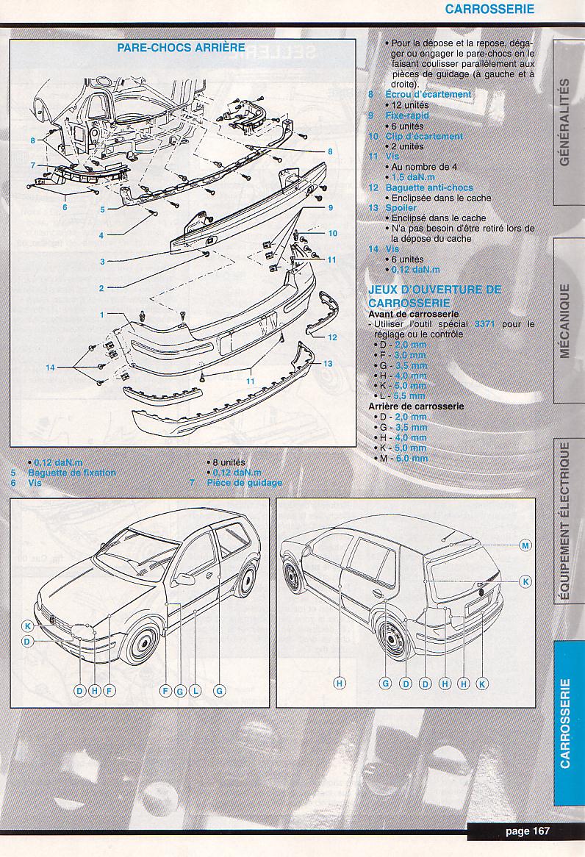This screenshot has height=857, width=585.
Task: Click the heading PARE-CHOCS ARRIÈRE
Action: click(x=182, y=47)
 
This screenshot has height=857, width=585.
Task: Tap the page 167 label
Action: click(x=527, y=831)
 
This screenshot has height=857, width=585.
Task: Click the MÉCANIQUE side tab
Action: click(x=564, y=320)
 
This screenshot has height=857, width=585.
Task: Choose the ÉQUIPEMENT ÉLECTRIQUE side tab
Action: click(x=564, y=522)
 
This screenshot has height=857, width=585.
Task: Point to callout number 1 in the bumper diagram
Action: click(x=103, y=315)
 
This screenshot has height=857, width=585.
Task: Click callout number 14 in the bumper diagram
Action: click(x=50, y=367)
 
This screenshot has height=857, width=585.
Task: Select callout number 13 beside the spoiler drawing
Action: click(x=328, y=364)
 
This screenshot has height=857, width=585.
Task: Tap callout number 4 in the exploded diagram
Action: click(x=101, y=235)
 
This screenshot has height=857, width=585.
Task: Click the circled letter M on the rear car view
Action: click(x=525, y=545)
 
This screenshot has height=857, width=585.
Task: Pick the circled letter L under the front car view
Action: click(x=195, y=691)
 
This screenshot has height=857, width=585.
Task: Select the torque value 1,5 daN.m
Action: click(x=409, y=177)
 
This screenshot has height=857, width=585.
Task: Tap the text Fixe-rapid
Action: click(x=407, y=115)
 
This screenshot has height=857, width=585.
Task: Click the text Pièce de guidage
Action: click(x=244, y=483)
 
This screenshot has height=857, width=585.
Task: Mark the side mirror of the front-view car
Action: click(x=184, y=578)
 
